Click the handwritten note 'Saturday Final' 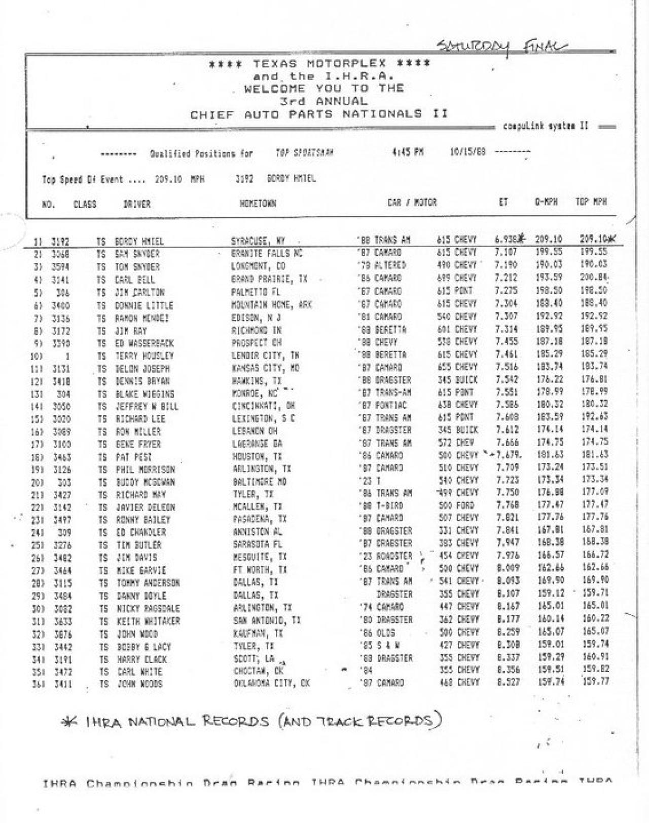(x=502, y=47)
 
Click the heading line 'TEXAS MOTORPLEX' (x=320, y=64)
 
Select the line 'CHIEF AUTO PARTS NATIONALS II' (x=319, y=114)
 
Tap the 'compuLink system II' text (x=546, y=126)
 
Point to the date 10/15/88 (x=467, y=152)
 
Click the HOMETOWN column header (x=258, y=204)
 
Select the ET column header (x=502, y=202)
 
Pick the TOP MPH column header (x=591, y=202)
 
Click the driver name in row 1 (x=139, y=242)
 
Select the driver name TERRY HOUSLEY (x=144, y=356)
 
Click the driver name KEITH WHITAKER (x=148, y=621)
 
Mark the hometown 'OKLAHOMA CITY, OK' (x=271, y=683)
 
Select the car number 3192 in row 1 (x=60, y=242)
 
